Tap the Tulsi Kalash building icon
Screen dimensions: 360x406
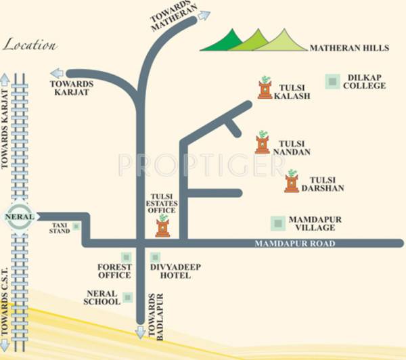coord(265,88)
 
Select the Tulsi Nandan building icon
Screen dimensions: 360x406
coord(263,143)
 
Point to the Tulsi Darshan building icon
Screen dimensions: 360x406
coord(292,181)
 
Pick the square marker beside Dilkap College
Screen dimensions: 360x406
coord(332,81)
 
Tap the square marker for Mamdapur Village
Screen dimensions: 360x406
coord(277,223)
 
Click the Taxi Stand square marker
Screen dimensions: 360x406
coord(76,227)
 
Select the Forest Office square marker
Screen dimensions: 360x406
coord(125,257)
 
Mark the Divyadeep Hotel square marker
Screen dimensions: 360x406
coord(155,257)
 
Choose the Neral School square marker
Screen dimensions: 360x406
coord(127,296)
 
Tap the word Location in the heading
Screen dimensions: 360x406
coord(30,46)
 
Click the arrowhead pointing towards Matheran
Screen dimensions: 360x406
coord(204,15)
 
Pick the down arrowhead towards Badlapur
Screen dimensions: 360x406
coord(141,332)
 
